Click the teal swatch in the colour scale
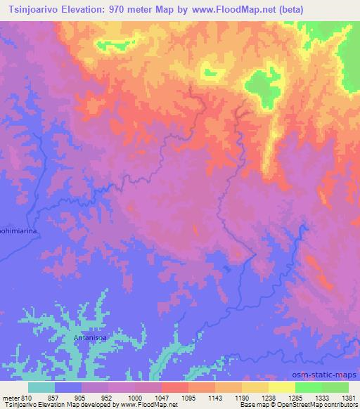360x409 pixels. pyautogui.click(x=41, y=387)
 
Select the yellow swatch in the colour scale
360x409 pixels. pyautogui.click(x=281, y=387)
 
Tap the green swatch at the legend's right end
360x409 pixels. pyautogui.click(x=335, y=387)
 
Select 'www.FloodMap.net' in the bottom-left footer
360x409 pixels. pyautogui.click(x=148, y=405)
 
